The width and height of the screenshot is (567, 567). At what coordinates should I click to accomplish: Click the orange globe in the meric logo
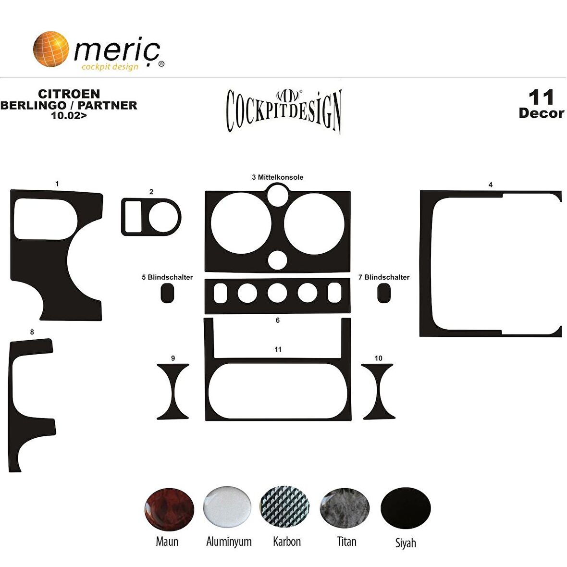pos(51,49)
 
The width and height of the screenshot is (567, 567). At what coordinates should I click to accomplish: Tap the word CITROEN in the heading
pos(69,94)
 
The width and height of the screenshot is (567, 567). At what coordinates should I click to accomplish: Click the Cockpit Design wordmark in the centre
pos(283,111)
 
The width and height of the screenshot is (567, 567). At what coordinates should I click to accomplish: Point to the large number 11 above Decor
pos(541,98)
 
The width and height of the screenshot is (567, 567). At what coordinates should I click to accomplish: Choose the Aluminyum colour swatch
pos(227,507)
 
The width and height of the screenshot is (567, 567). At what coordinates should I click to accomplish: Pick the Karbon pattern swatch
pos(284,507)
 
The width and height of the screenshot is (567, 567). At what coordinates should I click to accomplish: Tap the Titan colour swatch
pos(345,508)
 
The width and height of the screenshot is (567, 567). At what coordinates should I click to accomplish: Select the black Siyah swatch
pos(406,508)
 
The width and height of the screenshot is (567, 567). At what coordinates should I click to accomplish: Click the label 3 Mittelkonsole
pos(278,177)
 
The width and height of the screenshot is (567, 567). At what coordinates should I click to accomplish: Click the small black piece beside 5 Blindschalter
pos(167,293)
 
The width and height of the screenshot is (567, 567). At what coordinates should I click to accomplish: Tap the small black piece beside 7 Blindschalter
pos(383,293)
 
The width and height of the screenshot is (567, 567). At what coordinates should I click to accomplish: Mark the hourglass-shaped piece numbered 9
pos(173,392)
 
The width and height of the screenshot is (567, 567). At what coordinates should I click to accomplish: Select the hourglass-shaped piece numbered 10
pos(378,392)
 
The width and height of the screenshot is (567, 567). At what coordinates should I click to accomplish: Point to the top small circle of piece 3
pos(278,196)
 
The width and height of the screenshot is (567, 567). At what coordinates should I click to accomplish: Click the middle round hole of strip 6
pos(277,293)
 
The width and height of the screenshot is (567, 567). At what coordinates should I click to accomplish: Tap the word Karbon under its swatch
pos(287,542)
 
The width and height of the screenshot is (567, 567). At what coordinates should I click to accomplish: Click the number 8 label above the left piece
pos(32,332)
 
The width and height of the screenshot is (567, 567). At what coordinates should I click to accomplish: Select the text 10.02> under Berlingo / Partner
pos(69,115)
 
